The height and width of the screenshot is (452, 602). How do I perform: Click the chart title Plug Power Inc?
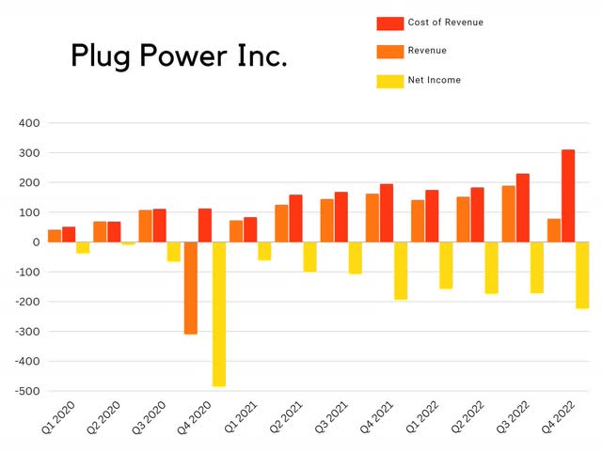pos(179,57)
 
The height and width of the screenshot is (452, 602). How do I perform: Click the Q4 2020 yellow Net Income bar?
pos(219,314)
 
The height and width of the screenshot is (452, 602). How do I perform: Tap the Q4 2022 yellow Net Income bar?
pos(582,274)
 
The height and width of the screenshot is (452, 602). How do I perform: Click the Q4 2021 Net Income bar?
pos(401,271)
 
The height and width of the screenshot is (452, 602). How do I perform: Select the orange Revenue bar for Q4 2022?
pos(554,230)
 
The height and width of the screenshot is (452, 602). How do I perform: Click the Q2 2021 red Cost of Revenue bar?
pos(295,218)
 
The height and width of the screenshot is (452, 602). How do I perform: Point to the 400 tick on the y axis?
pos(27,123)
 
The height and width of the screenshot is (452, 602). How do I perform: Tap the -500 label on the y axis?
pos(24,391)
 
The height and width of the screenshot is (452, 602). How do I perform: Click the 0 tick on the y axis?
pos(35,242)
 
